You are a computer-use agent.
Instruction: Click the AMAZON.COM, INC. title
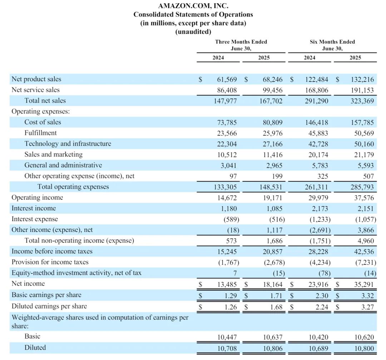tap(193, 6)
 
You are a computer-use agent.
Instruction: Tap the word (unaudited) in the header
tap(193, 31)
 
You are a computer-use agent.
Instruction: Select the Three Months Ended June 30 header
tap(241, 45)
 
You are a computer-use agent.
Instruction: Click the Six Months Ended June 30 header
tap(332, 45)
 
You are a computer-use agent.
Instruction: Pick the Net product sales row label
tap(36, 79)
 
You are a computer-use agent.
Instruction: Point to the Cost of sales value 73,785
tap(227, 122)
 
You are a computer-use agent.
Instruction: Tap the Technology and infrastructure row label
tap(68, 144)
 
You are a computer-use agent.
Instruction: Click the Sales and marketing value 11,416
tap(272, 155)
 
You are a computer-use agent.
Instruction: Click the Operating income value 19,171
tap(272, 198)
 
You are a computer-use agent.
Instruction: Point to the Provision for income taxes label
tap(50, 262)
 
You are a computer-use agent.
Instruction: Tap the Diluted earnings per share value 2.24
tap(321, 306)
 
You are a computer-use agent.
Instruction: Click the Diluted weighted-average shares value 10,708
tap(227, 348)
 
